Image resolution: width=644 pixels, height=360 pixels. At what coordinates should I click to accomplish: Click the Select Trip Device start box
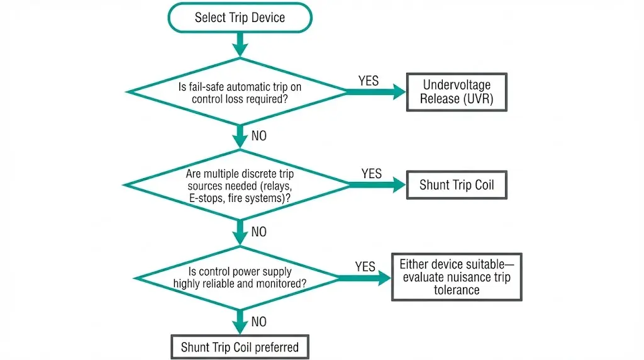(x=240, y=17)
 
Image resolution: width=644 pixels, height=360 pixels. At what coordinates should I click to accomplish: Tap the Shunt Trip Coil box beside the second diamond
(x=457, y=185)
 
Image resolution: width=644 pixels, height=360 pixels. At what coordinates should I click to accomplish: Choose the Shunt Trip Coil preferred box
(x=240, y=347)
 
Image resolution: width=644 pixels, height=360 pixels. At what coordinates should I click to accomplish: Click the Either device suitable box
(x=457, y=277)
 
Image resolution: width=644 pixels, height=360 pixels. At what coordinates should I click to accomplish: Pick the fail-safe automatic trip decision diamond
(x=240, y=93)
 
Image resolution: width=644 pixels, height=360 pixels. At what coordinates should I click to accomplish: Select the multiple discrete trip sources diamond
(x=240, y=185)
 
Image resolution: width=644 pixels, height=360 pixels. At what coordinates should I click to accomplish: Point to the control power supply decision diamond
(x=240, y=278)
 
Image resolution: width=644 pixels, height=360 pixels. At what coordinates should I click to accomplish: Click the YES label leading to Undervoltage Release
(x=369, y=81)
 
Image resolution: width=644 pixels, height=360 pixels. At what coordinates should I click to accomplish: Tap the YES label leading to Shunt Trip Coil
(x=371, y=173)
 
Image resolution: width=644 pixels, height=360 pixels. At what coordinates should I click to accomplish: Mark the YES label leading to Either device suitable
(x=365, y=266)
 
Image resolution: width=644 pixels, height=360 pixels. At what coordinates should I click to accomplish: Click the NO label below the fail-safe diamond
(x=259, y=136)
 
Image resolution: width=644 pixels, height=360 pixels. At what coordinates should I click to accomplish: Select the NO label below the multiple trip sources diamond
(x=259, y=232)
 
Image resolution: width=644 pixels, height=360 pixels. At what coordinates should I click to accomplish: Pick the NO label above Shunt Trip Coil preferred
(x=259, y=322)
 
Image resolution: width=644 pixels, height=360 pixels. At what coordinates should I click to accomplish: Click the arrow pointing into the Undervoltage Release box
(x=377, y=93)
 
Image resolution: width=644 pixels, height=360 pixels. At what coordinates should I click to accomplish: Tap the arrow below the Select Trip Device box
(x=240, y=44)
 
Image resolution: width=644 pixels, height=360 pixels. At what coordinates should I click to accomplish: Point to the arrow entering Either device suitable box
(x=365, y=278)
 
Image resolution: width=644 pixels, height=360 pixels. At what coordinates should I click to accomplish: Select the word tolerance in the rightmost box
(x=457, y=290)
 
